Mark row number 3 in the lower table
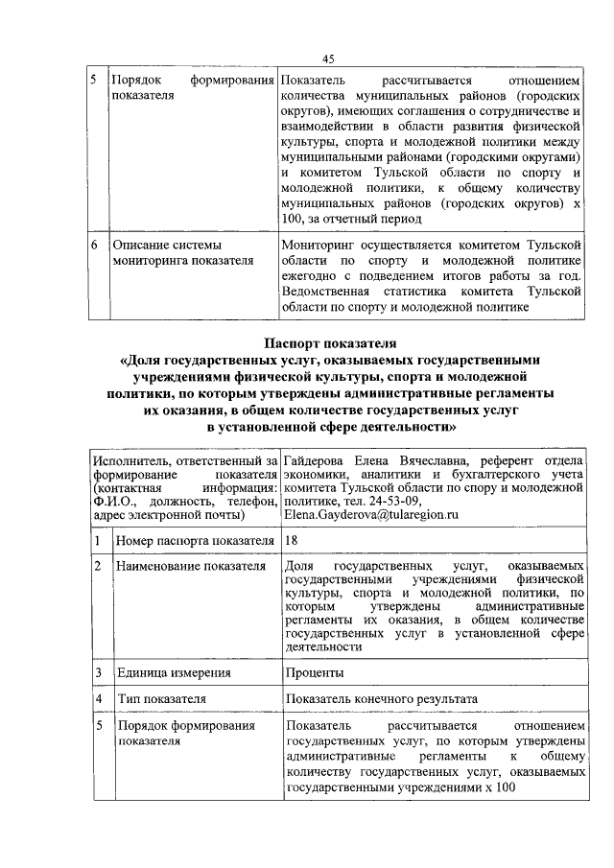(x=98, y=672)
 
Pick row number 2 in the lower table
(x=98, y=567)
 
